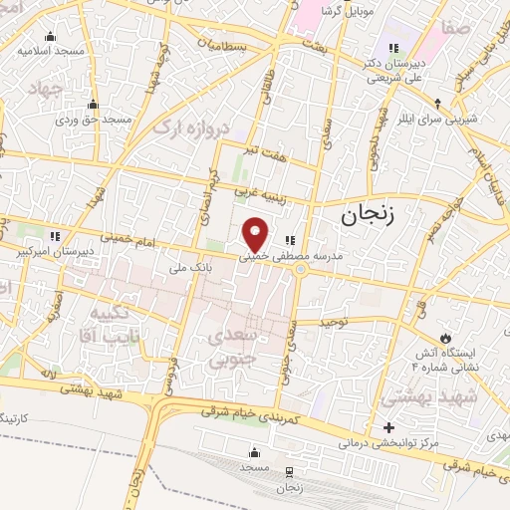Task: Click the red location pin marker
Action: [256, 233]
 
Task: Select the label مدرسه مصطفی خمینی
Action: [290, 256]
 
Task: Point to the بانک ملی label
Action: [167, 267]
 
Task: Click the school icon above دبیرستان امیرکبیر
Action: [56, 236]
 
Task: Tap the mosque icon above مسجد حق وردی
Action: [94, 104]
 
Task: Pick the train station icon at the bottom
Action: [290, 471]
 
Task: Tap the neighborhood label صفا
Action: [457, 30]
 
